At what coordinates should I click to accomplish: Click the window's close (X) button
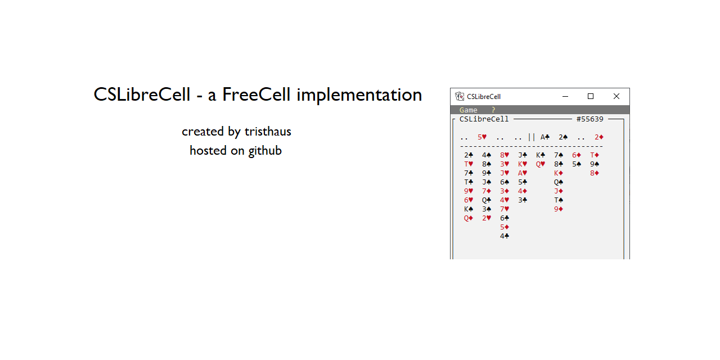616,96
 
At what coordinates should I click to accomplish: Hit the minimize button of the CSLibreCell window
565,96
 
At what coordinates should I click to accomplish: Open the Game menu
468,110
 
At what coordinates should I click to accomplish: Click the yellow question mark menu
493,110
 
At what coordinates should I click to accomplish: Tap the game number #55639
589,119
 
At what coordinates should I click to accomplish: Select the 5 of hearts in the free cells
482,137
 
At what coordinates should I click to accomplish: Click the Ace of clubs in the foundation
545,137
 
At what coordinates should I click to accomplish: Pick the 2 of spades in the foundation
563,137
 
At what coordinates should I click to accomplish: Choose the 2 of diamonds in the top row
599,137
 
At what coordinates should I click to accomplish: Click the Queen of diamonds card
469,218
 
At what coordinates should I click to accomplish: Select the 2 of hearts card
487,218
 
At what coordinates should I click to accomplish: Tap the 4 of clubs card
505,236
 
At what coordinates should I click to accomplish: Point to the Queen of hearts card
541,164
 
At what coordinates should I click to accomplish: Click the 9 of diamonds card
559,209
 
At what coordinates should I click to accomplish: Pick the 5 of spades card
577,164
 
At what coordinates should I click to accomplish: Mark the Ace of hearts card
523,173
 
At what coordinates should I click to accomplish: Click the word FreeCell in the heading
256,95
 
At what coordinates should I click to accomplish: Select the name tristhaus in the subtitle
268,132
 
